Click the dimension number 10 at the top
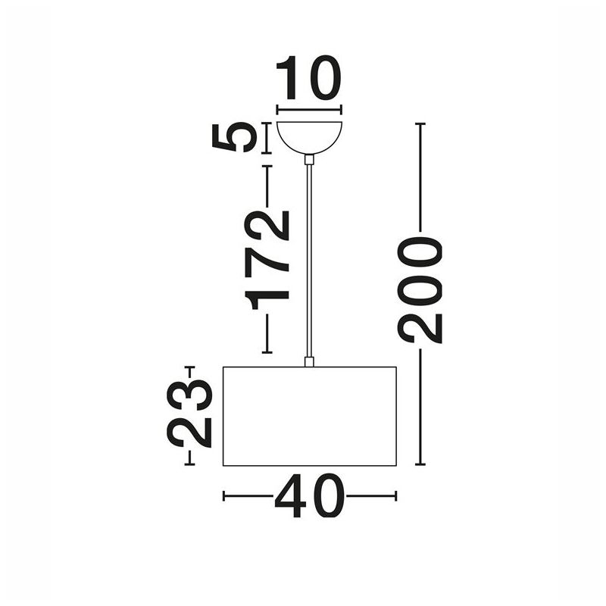click(x=308, y=78)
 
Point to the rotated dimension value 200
click(x=420, y=290)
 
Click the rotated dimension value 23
click(x=189, y=414)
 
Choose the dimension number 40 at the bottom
click(x=309, y=495)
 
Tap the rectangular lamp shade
click(x=310, y=416)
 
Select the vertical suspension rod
click(x=309, y=261)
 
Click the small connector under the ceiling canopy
click(x=309, y=160)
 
